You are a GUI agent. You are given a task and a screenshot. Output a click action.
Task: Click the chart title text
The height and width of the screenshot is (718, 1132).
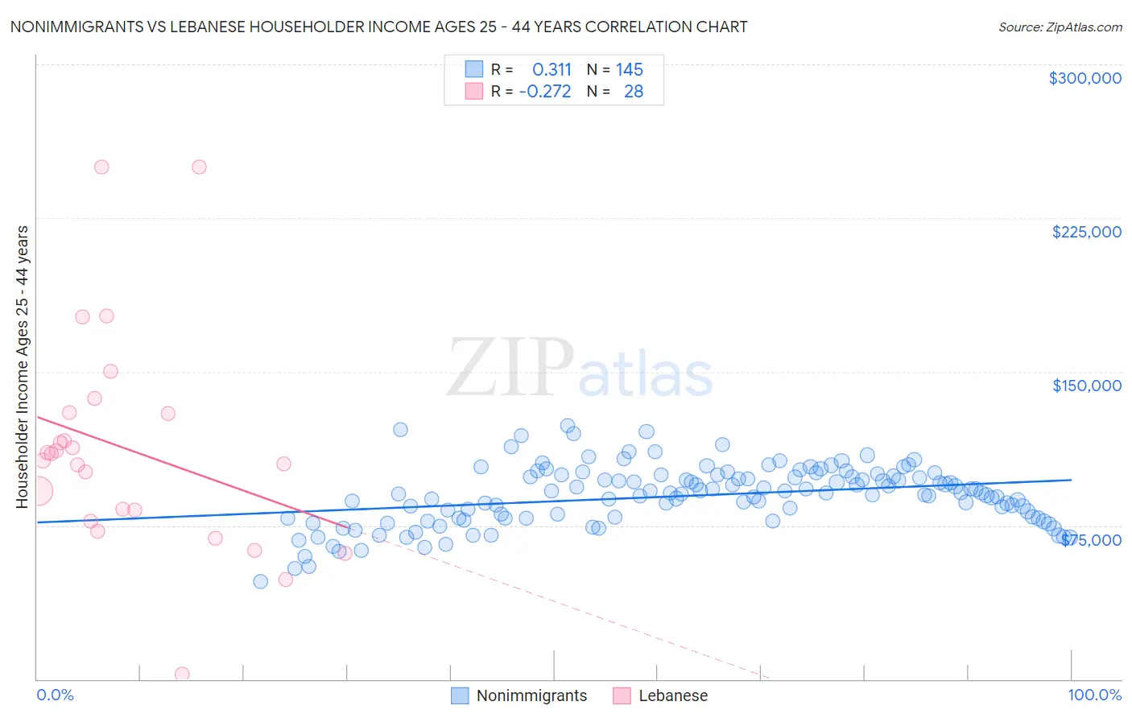[x=378, y=27]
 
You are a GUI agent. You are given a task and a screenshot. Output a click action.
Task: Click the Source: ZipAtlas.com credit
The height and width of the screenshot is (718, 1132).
[x=1060, y=27]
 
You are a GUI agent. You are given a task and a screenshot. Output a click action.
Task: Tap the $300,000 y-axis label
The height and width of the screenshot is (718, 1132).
[x=1084, y=78]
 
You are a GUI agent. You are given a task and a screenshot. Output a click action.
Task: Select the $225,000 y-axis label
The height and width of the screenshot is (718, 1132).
[x=1086, y=232]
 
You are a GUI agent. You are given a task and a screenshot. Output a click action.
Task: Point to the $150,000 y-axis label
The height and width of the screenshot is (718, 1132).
[x=1086, y=386]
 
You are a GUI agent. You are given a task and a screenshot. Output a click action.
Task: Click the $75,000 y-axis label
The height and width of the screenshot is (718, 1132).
[x=1091, y=540]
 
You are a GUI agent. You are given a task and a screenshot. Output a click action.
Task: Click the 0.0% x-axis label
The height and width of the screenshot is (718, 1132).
[x=56, y=695]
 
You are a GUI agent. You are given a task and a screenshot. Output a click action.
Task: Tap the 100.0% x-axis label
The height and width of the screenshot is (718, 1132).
[x=1094, y=695]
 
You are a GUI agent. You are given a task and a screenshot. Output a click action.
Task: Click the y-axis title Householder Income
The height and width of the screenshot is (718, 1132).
[x=22, y=366]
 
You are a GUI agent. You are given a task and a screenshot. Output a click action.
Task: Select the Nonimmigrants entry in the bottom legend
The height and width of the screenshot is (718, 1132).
[x=531, y=695]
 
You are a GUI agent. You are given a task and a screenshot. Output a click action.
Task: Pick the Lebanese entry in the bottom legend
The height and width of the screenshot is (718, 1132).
[x=672, y=695]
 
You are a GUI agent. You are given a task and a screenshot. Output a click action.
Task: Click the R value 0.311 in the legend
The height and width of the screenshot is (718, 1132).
[x=552, y=70]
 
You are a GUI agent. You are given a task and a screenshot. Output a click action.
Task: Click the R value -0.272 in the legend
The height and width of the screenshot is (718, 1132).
[x=545, y=92]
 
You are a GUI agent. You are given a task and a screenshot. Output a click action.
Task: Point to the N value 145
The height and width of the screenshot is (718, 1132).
[x=629, y=70]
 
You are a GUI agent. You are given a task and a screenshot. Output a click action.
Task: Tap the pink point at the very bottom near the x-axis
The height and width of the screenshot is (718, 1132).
[x=182, y=674]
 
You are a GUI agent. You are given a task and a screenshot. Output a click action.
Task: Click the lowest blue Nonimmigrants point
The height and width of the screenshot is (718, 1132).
[x=260, y=581]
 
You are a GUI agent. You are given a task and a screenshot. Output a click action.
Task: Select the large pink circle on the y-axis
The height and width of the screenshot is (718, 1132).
[x=39, y=491]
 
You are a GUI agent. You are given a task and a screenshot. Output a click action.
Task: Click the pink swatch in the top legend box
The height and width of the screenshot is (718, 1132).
[x=473, y=92]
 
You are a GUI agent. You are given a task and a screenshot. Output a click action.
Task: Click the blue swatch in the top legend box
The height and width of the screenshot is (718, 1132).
[x=473, y=70]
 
